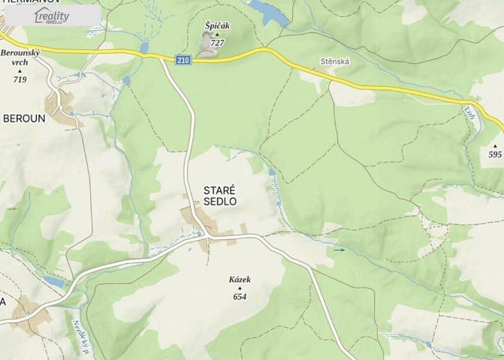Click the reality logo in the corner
point(52,16)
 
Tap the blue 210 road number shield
point(182,60)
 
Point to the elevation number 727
point(218,43)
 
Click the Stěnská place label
point(335,61)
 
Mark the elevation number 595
point(495,155)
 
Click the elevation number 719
point(19,79)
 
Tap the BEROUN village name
point(24,119)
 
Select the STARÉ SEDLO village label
point(219,195)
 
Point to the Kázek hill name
point(239,280)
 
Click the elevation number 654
point(239,297)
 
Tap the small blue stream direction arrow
point(339,249)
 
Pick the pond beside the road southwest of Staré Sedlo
point(55,282)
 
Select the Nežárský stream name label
point(80,336)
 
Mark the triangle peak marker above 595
point(495,145)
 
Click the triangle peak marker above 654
point(239,288)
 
